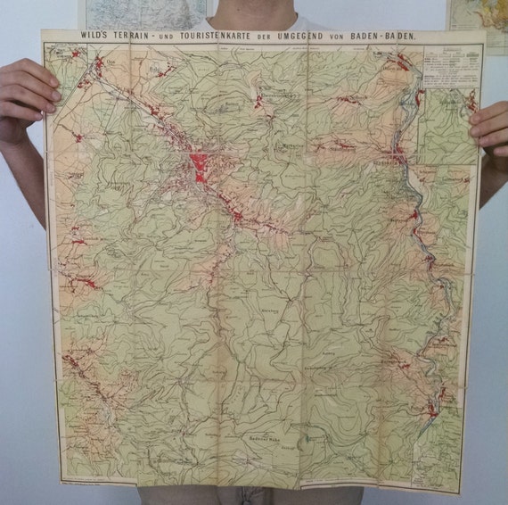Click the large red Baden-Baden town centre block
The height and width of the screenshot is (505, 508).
(x=201, y=166)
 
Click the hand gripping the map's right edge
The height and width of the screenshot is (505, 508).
(x=491, y=125)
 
